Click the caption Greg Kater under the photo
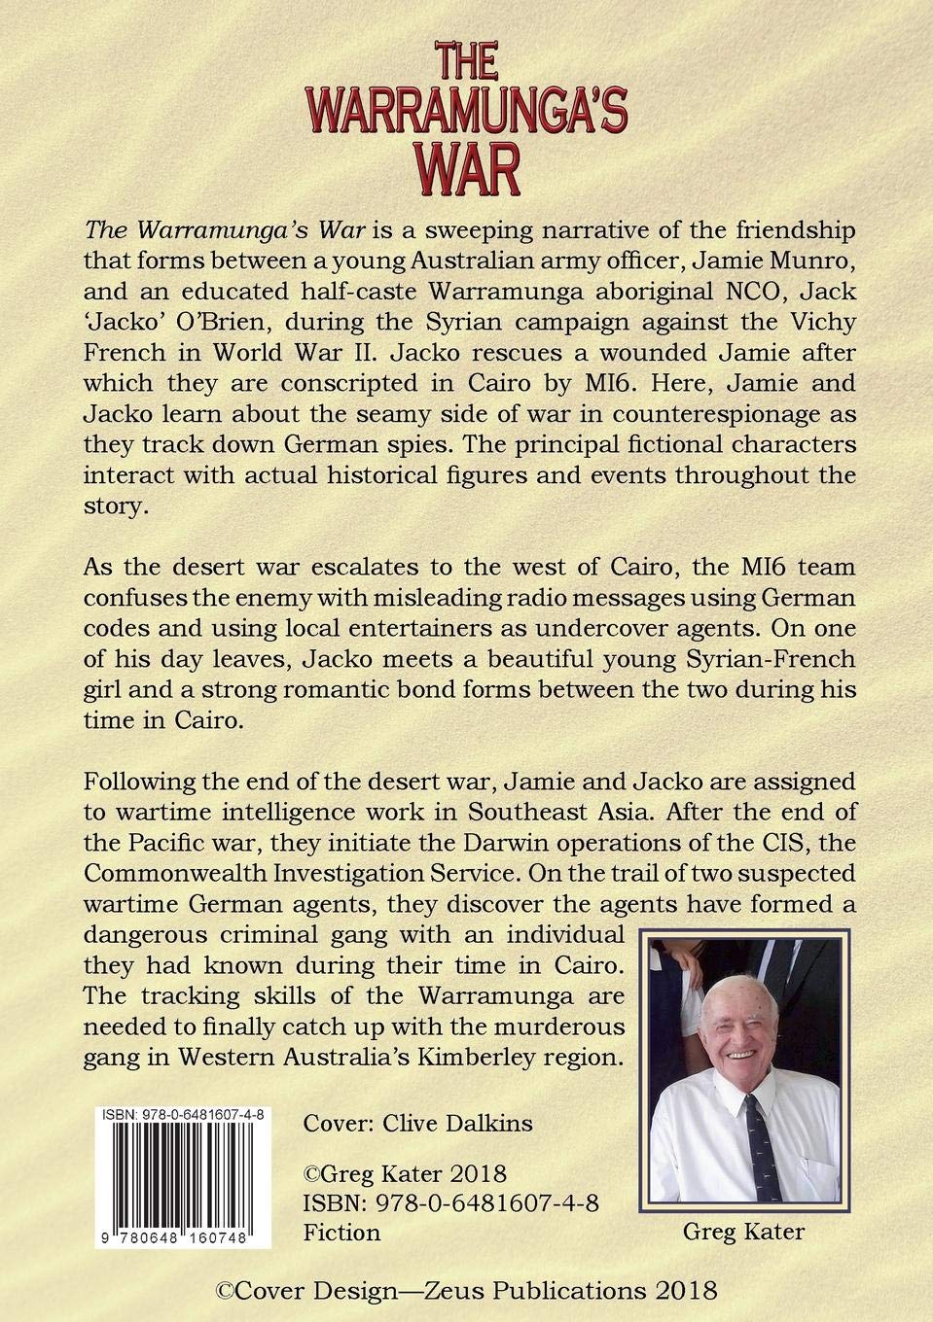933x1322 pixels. click(743, 1233)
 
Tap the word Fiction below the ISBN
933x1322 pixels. click(341, 1233)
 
